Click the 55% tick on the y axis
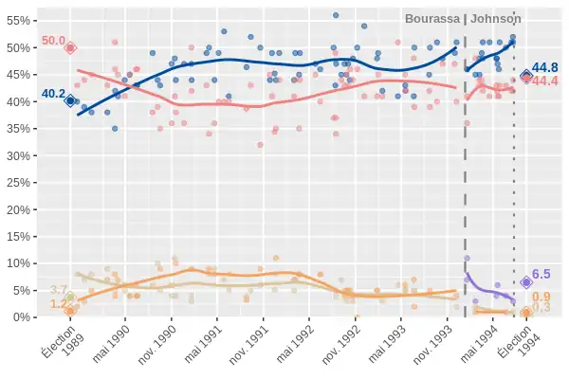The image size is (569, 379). pyautogui.click(x=19, y=20)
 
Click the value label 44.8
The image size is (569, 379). pyautogui.click(x=545, y=68)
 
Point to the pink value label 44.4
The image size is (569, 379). pyautogui.click(x=545, y=81)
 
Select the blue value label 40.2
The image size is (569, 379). pyautogui.click(x=53, y=94)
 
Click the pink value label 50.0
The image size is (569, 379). pyautogui.click(x=53, y=42)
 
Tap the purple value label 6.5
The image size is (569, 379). pyautogui.click(x=541, y=274)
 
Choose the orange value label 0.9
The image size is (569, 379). pyautogui.click(x=541, y=297)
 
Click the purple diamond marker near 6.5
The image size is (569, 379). pyautogui.click(x=526, y=281)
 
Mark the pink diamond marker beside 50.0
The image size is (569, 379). pyautogui.click(x=70, y=47)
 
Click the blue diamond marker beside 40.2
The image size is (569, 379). pyautogui.click(x=70, y=100)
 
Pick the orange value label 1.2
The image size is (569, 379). pyautogui.click(x=58, y=304)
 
